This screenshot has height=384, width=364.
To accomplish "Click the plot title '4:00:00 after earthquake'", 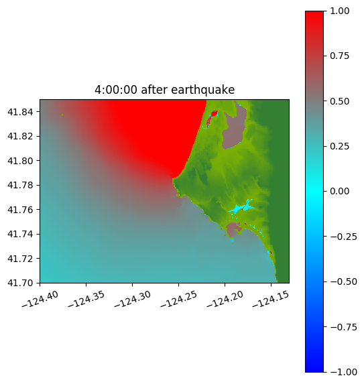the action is click(165, 90).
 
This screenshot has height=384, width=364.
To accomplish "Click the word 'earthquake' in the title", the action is click(203, 90).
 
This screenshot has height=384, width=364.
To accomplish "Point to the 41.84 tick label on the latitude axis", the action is click(20, 112).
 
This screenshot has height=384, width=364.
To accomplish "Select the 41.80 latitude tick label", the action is click(20, 161).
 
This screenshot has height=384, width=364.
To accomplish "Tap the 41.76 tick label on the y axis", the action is click(20, 210).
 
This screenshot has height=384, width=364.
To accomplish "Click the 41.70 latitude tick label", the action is click(20, 283).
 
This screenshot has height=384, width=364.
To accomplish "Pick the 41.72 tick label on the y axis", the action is click(20, 259).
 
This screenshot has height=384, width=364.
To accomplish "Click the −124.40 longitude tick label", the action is click(40, 300).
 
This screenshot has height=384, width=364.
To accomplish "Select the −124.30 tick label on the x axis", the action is click(132, 300).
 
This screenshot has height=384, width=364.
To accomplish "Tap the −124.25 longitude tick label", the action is click(178, 300).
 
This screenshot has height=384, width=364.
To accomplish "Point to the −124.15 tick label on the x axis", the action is click(271, 300).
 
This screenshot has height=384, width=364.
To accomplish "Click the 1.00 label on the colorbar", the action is click(339, 11).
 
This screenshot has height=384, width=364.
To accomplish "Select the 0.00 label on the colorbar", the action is click(339, 191).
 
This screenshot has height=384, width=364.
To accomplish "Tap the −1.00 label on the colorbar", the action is click(343, 372).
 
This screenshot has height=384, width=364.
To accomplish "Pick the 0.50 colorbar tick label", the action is click(339, 101).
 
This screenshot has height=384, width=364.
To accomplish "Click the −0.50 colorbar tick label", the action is click(343, 281).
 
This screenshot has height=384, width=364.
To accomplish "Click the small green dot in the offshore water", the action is click(62, 115).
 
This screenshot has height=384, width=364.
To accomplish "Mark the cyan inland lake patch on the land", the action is click(241, 208).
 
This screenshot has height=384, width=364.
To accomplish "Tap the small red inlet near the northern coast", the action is click(213, 117).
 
